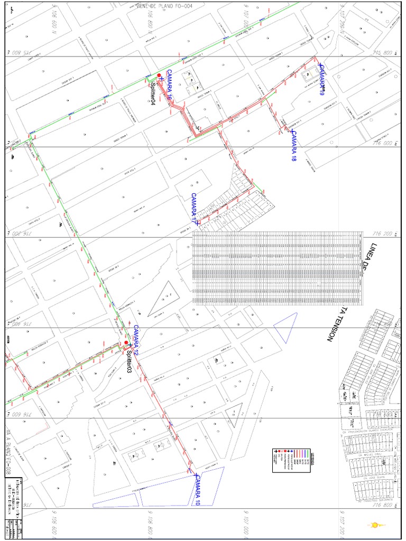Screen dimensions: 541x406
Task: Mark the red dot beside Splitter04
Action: coord(159,76)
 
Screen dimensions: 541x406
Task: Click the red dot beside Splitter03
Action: coord(126,343)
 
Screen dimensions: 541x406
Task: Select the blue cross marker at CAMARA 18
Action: coord(291,130)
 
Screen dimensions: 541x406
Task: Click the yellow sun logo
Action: coord(376,525)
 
